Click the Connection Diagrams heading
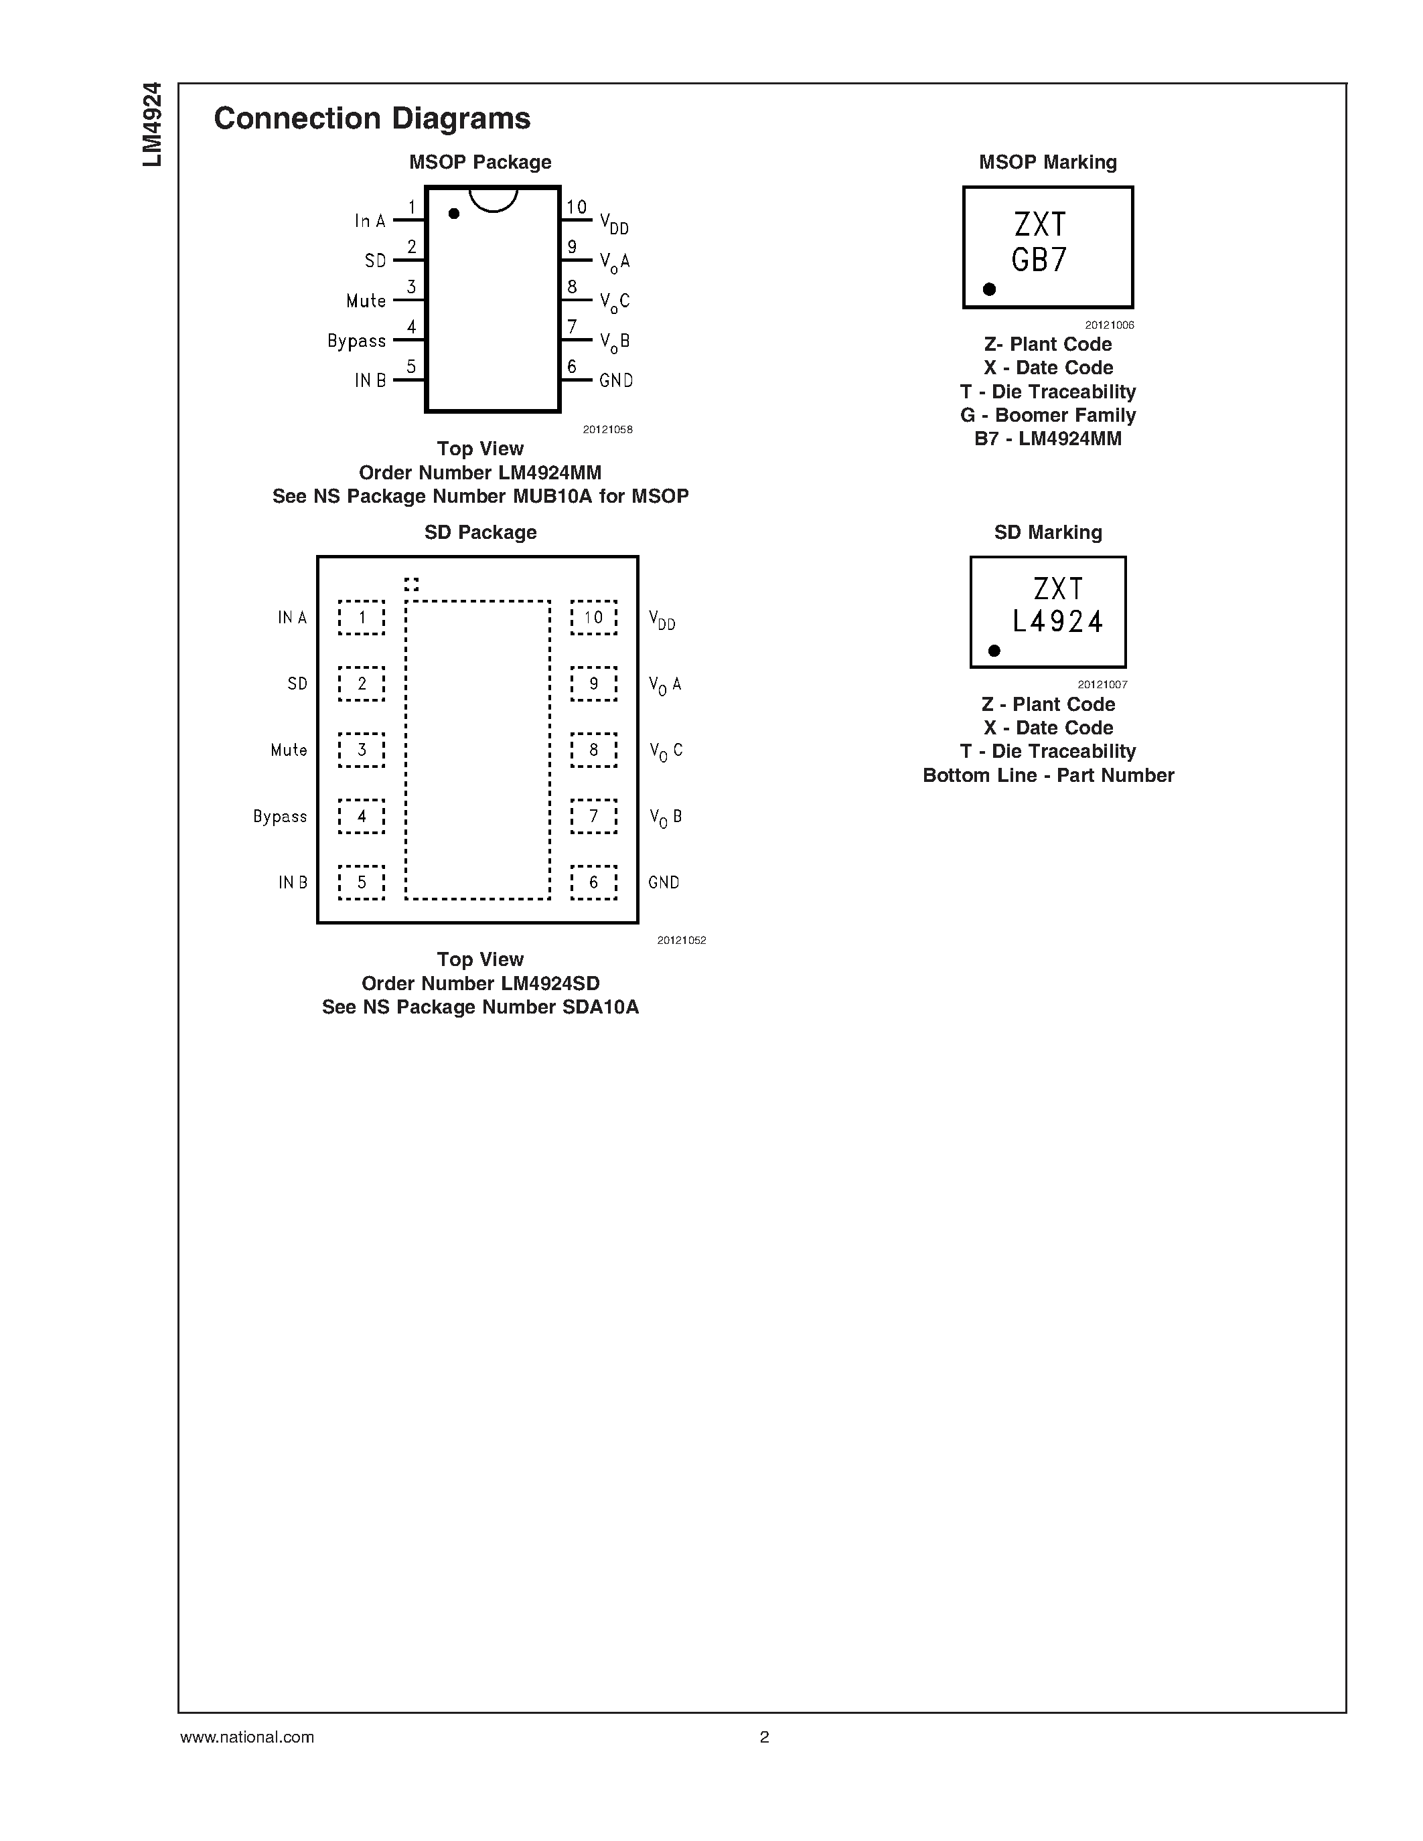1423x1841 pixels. pos(372,119)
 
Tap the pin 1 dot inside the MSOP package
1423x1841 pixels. pos(453,214)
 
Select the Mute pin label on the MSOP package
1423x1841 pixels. pos(366,301)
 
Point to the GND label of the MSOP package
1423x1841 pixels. pos(616,381)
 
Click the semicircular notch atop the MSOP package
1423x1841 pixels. pos(493,199)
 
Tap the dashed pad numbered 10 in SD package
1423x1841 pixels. pos(593,618)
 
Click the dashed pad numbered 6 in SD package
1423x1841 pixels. pos(593,882)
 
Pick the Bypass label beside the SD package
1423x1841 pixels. pos(280,817)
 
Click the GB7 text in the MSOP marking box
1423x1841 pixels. pos(1039,260)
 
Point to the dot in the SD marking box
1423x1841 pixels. pos(994,651)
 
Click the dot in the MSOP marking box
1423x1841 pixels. pos(990,289)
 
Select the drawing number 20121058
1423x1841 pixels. pos(607,430)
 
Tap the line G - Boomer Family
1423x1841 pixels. pos(1048,416)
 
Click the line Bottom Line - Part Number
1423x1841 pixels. pos(1048,775)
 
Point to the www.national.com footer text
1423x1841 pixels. pos(247,1737)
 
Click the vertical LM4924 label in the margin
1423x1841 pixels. pos(152,125)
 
